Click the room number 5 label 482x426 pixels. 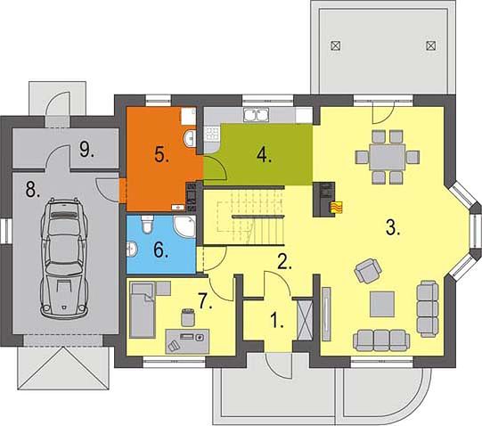tap(161, 154)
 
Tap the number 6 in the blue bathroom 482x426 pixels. tap(160, 250)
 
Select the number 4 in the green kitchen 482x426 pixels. tap(264, 154)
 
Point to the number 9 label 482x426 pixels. tap(86, 149)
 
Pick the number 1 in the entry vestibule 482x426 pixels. tap(277, 320)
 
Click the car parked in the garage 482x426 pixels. tap(64, 258)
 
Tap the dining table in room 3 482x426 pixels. tap(388, 157)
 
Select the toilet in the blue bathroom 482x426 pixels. tap(147, 224)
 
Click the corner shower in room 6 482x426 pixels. tap(185, 226)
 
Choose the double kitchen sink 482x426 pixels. tap(257, 115)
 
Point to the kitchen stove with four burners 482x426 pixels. tap(212, 134)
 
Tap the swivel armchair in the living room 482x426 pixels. tap(368, 271)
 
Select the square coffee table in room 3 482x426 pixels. tap(382, 304)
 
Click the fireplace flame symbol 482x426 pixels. tap(336, 207)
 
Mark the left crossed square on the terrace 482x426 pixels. tap(335, 45)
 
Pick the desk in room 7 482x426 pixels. tap(187, 341)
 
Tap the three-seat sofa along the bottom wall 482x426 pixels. tap(381, 340)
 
